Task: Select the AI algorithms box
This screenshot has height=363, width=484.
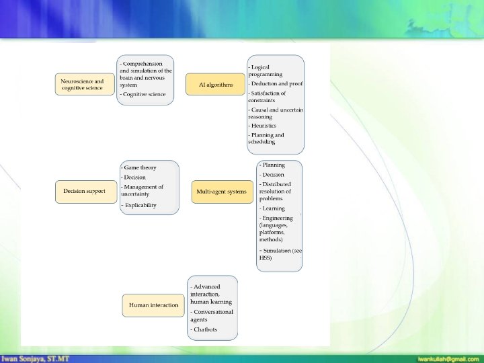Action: click(216, 85)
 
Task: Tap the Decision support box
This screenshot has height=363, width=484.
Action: click(84, 191)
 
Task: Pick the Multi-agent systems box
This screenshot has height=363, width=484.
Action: click(221, 192)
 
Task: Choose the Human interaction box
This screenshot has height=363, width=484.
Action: click(153, 305)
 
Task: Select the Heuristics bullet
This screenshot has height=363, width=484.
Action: click(264, 125)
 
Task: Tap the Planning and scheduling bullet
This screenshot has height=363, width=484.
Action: click(268, 138)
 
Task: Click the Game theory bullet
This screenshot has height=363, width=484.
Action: click(139, 167)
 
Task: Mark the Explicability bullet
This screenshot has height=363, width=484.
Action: click(139, 205)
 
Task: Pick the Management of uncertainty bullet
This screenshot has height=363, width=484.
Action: click(142, 190)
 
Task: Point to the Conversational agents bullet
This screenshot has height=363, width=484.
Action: click(212, 315)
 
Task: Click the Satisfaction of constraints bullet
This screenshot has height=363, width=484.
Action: click(268, 96)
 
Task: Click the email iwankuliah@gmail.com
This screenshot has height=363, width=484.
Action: click(448, 358)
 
